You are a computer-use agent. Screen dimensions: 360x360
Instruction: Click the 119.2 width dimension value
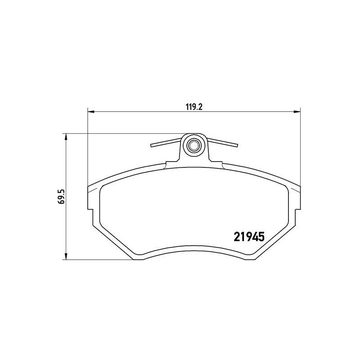194,107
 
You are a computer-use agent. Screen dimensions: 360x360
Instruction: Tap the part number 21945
249,237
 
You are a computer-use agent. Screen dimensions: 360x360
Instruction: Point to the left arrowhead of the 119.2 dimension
91,112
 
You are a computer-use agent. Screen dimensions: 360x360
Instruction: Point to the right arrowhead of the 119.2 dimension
297,112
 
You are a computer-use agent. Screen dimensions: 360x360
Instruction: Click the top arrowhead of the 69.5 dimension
66,137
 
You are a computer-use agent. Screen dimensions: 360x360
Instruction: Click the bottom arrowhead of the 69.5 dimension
66,256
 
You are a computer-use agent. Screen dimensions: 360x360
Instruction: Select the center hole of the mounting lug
193,145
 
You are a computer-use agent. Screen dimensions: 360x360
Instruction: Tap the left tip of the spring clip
151,145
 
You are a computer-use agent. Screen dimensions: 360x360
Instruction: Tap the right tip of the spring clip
237,145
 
